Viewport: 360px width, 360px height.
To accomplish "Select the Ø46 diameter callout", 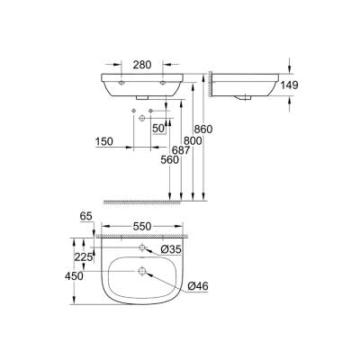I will [x=199, y=287].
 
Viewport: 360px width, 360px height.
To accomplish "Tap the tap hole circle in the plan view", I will [x=142, y=247].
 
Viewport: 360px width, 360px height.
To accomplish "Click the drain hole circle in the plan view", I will [x=142, y=269].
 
